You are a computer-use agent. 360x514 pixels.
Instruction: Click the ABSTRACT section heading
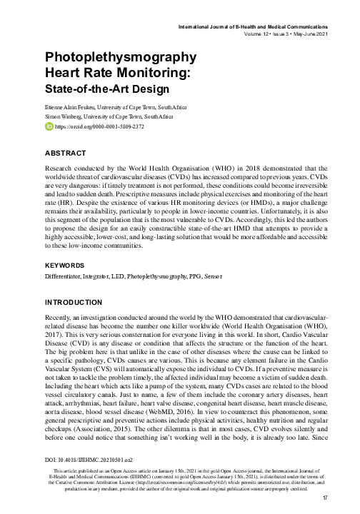[x=66, y=153]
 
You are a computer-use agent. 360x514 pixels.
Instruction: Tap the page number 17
[x=325, y=497]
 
